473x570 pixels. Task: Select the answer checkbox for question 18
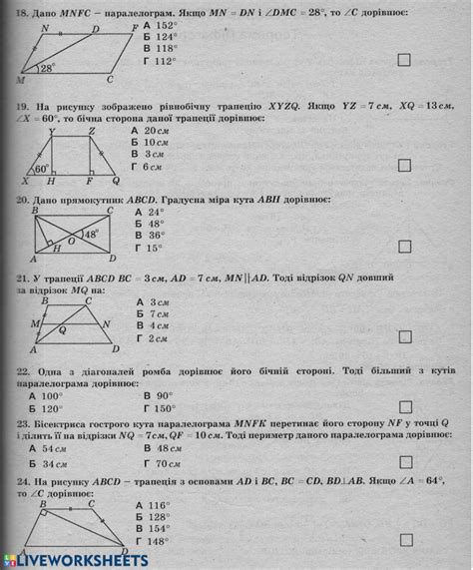[404, 60]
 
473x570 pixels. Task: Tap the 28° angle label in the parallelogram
[47, 69]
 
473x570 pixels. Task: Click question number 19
[20, 105]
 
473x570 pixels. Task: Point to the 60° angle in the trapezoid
[41, 169]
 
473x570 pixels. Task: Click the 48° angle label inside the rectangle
[91, 235]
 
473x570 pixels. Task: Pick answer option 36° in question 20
[154, 236]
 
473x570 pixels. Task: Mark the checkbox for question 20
[404, 248]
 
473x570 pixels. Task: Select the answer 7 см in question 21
[155, 313]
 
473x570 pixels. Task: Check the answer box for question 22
[404, 407]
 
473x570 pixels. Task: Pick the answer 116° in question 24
[158, 505]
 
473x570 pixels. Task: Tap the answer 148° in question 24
[158, 541]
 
